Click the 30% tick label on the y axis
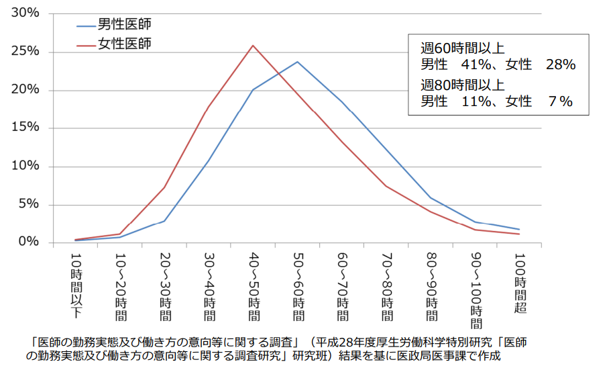(x=26, y=13)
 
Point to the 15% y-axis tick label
(x=26, y=128)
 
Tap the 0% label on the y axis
(x=30, y=242)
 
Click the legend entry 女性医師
(x=124, y=44)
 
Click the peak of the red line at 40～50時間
(x=253, y=46)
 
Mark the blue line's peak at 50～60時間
(x=297, y=62)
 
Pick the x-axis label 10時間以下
(x=76, y=285)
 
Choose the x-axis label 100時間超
(x=520, y=282)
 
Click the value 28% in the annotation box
(x=561, y=65)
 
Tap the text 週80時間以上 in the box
(x=462, y=85)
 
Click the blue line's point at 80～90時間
(x=431, y=197)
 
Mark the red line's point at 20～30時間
(x=164, y=187)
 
